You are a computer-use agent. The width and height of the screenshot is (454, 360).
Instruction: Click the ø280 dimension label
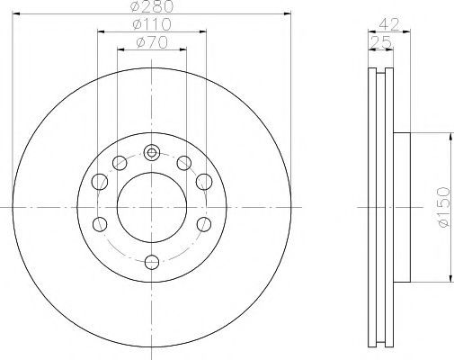pos(152,6)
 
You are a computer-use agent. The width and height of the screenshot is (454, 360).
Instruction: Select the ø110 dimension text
pos(152,24)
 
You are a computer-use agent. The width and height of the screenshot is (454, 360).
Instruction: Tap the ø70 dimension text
pos(152,42)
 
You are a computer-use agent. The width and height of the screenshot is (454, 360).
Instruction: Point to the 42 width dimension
pos(389,24)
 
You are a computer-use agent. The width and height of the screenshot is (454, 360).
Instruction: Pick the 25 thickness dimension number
pos(381,42)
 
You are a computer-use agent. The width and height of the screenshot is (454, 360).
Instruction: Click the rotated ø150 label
pos(443,207)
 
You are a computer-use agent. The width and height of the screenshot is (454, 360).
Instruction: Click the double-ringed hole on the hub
pos(152,153)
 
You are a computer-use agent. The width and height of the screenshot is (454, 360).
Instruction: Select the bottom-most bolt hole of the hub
pos(152,262)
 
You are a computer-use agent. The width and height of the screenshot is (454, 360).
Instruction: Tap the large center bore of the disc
pos(152,207)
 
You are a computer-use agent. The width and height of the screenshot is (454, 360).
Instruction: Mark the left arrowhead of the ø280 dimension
pos(16,13)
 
